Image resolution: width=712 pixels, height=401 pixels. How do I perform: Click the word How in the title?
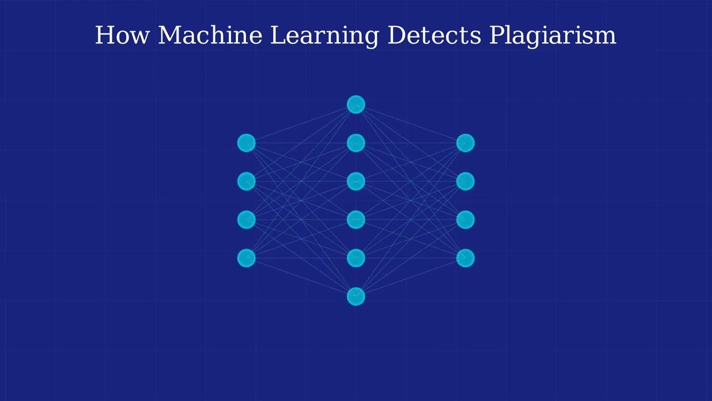(x=122, y=35)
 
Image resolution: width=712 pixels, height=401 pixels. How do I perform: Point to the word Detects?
(x=434, y=35)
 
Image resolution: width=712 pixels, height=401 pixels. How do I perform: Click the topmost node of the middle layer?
(x=356, y=105)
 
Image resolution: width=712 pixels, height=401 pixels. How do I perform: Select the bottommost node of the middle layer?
(x=356, y=296)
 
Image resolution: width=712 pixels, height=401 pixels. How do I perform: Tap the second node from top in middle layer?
(x=356, y=143)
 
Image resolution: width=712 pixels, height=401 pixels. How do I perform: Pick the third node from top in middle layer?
(x=356, y=182)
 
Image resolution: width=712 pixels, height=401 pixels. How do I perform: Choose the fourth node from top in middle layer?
(x=356, y=220)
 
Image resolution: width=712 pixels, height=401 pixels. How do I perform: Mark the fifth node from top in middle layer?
(x=356, y=258)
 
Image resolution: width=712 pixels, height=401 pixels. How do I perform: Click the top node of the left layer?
(x=246, y=143)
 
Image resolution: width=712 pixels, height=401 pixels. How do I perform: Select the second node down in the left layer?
(x=246, y=182)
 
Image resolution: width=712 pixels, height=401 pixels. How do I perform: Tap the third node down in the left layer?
(x=246, y=220)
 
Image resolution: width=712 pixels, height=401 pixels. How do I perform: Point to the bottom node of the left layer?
(x=246, y=258)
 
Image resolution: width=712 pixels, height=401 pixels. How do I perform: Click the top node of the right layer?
(x=466, y=143)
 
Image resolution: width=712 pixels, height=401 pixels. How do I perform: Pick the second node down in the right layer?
(x=466, y=182)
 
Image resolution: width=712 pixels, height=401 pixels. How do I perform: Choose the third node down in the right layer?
(x=466, y=220)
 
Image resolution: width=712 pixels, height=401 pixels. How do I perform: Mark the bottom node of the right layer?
(x=466, y=258)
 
